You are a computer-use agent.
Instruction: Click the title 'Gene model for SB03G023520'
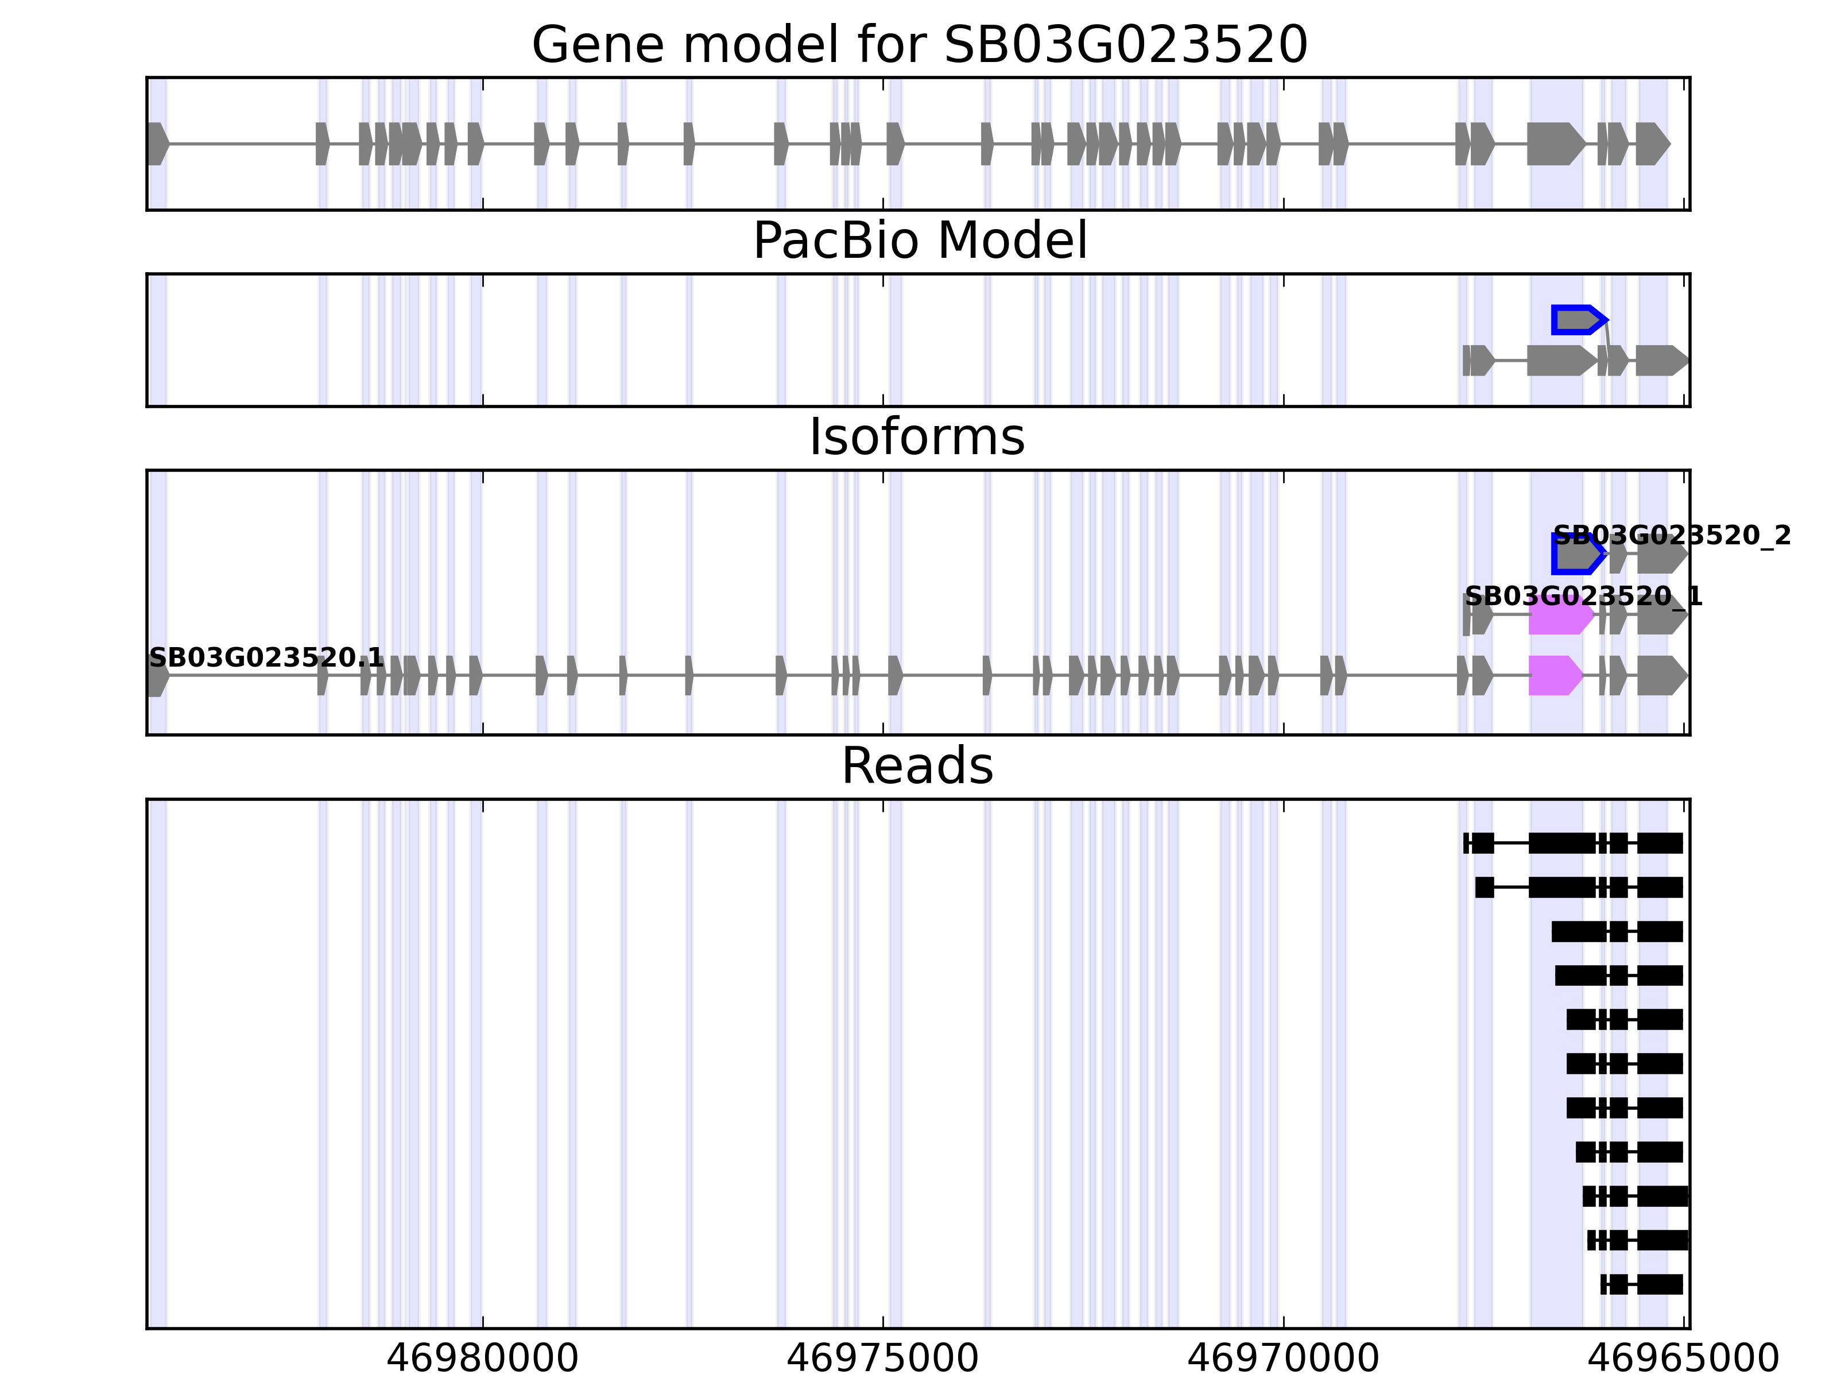click(x=919, y=45)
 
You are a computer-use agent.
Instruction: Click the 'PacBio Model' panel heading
click(x=919, y=241)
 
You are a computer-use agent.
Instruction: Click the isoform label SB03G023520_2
click(x=1672, y=536)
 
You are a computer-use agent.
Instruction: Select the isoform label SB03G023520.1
click(x=266, y=658)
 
